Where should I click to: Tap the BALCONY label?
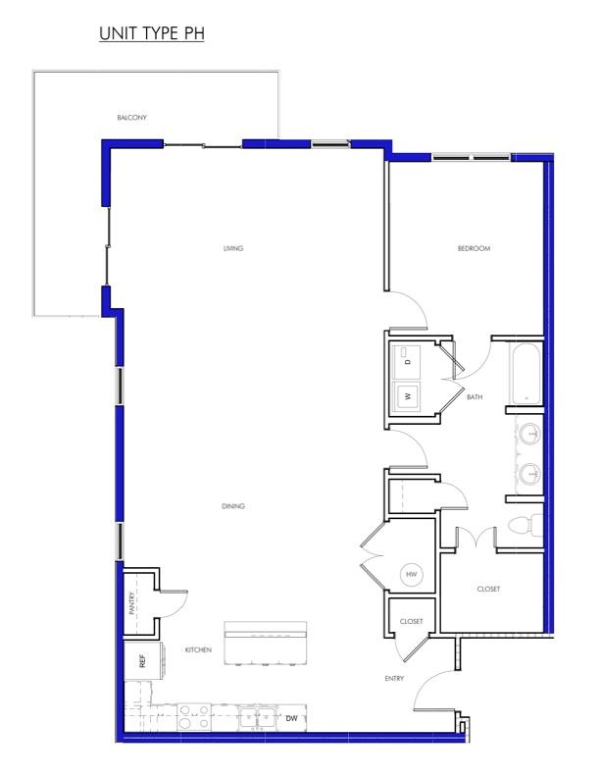click(x=131, y=118)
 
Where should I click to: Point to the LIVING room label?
click(x=232, y=248)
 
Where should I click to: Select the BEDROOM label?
click(x=474, y=248)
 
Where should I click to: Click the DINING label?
click(x=232, y=506)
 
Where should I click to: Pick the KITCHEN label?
click(x=199, y=650)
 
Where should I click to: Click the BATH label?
click(x=475, y=397)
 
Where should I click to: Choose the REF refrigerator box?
click(x=140, y=660)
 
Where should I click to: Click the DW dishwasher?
click(x=291, y=718)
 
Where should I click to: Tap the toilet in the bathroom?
click(x=524, y=525)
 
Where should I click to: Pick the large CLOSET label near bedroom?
click(x=488, y=589)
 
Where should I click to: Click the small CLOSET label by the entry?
click(x=412, y=621)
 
